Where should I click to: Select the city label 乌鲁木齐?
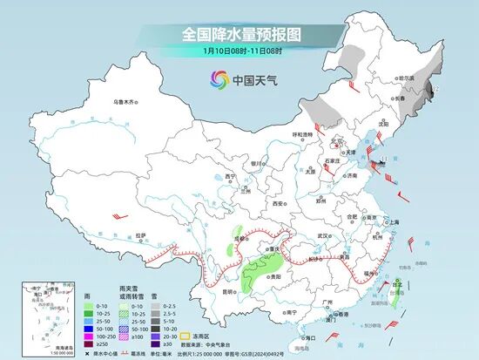tap(125, 102)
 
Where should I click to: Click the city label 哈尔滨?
tap(407, 78)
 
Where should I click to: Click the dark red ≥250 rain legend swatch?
tap(89, 343)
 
